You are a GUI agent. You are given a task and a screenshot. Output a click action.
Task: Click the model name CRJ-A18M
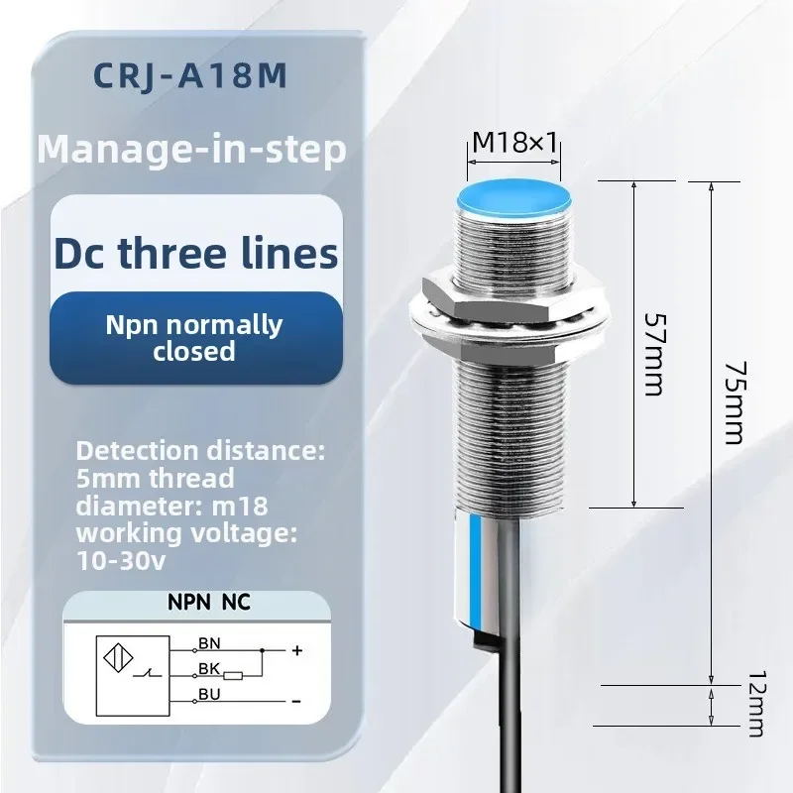pos(190,76)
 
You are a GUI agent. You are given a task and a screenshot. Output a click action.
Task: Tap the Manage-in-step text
pos(191,149)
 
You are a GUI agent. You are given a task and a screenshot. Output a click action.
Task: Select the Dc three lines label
pos(195,253)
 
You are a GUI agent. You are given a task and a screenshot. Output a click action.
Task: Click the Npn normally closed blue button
pos(195,338)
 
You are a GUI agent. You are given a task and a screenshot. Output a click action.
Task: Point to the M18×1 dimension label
pos(514,142)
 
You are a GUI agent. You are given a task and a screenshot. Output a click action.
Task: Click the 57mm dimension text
pos(655,355)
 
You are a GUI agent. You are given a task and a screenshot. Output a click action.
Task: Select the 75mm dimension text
pos(735,402)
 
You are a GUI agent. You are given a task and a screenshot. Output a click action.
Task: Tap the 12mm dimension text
pos(757,704)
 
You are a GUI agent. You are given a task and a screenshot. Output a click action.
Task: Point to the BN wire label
pos(209,643)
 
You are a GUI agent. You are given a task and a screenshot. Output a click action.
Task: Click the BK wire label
pos(209,668)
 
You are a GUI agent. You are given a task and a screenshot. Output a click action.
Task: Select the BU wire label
pos(209,695)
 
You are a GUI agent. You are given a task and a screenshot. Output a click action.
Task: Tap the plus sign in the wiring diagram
pos(297,650)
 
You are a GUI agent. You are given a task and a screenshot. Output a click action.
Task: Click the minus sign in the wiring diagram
pos(296,702)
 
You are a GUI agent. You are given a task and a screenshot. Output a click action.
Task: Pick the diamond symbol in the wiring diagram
pos(118,658)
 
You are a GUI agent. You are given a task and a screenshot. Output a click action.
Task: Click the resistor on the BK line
pos(233,676)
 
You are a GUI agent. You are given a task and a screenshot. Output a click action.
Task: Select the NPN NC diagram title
pos(209,603)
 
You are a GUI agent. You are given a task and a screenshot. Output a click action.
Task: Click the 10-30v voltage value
pos(121,560)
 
